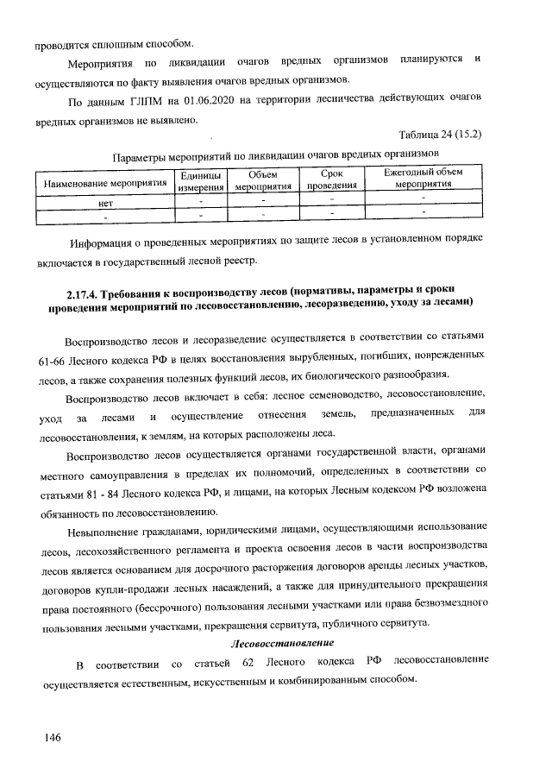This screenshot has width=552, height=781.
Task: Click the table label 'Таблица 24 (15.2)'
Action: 440,135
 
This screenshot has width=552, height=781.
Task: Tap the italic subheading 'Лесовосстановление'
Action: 281,643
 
